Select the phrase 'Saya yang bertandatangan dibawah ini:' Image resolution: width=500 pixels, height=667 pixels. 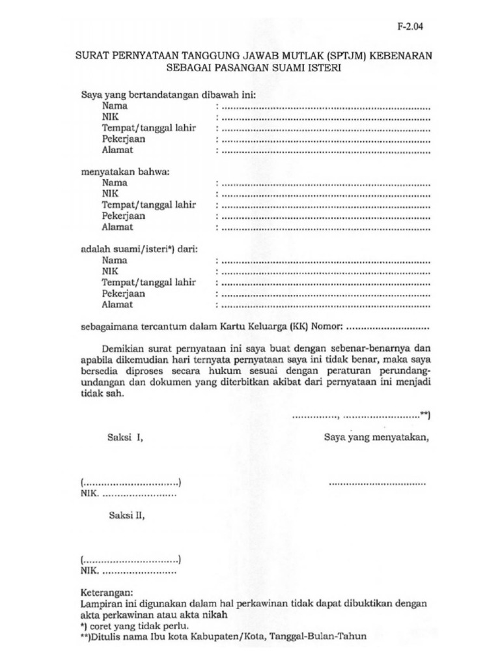point(168,94)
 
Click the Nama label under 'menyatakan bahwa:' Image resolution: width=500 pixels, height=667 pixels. point(115,183)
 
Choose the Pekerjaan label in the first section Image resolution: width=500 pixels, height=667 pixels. point(123,139)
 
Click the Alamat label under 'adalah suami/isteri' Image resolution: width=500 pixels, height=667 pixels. point(117,304)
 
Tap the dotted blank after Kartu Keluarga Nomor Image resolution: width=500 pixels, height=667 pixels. point(389,326)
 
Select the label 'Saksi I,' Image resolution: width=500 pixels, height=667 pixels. point(125,438)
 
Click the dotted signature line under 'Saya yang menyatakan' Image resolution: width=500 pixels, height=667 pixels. point(378,483)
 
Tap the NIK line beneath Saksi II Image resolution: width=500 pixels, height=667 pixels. point(128,571)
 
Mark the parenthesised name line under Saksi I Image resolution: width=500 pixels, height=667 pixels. point(131,483)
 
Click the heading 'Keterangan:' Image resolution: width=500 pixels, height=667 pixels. point(106,593)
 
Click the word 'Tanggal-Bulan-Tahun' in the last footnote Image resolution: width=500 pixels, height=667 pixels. point(317,637)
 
